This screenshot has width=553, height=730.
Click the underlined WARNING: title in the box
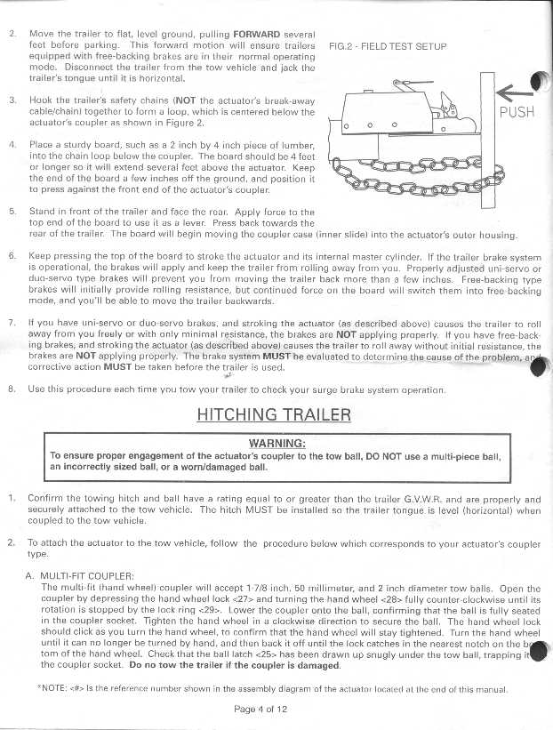(x=276, y=443)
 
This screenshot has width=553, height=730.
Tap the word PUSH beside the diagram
(x=517, y=113)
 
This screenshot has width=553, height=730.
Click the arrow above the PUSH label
(x=515, y=91)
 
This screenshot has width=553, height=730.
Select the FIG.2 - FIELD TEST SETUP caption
(x=387, y=46)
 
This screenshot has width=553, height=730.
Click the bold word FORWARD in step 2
(x=256, y=33)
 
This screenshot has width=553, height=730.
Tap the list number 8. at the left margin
(x=12, y=389)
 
